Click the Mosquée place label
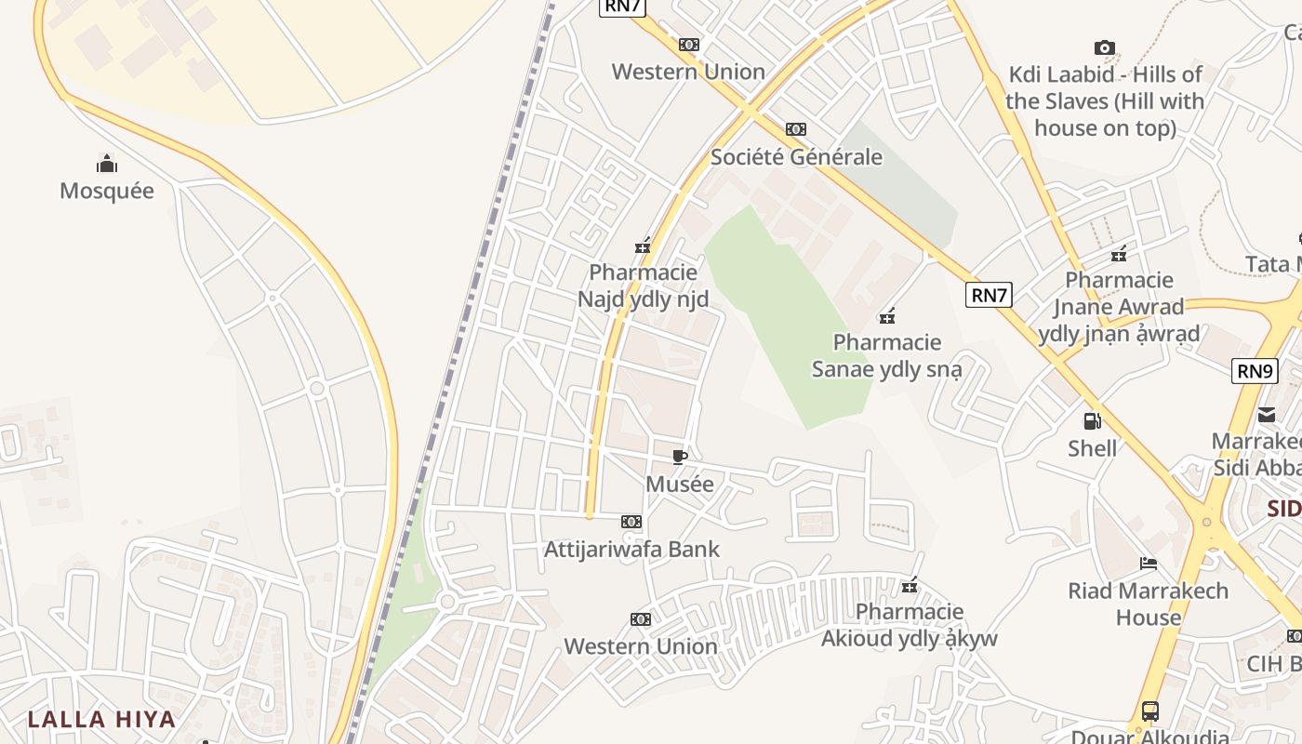tap(107, 191)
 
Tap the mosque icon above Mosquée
tap(107, 165)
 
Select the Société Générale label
tap(796, 156)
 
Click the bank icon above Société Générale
tap(796, 129)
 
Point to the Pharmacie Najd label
tap(643, 286)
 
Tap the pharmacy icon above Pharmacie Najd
tap(643, 246)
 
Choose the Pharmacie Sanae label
tap(887, 355)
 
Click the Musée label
tap(680, 484)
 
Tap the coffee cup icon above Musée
tap(680, 457)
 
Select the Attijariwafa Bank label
tap(631, 549)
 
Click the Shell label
tap(1092, 448)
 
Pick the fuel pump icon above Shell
tap(1092, 421)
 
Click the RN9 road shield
tap(1255, 371)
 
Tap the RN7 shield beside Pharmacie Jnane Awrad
tap(989, 296)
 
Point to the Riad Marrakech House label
tap(1148, 604)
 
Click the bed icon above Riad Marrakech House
tap(1148, 564)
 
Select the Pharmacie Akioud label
tap(909, 625)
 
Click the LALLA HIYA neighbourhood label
tap(101, 719)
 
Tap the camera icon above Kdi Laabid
tap(1104, 47)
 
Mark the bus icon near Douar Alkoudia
tap(1150, 711)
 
